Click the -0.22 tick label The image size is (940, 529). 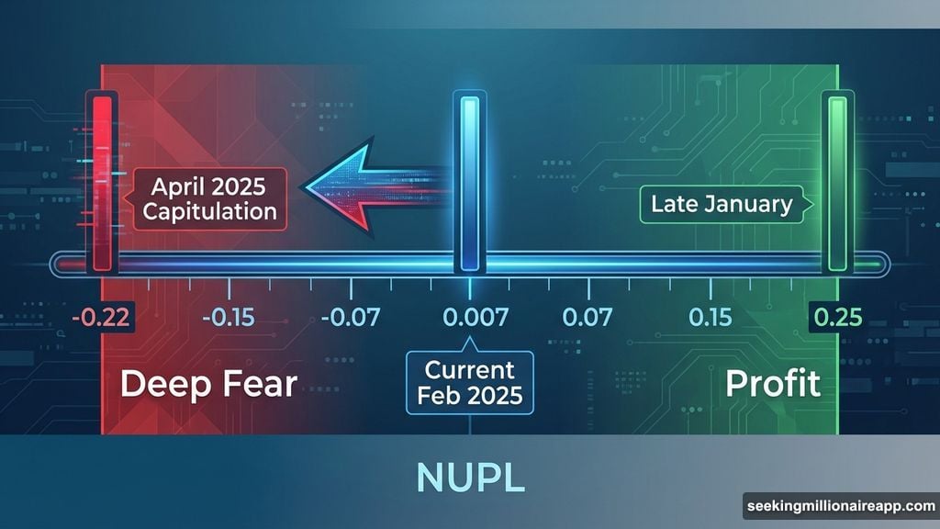tap(103, 319)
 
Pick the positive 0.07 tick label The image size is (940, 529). tap(587, 319)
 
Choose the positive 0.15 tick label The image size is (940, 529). tap(709, 319)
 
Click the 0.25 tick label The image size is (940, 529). tap(836, 319)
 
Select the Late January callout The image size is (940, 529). tap(721, 204)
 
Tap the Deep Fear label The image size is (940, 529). tap(208, 384)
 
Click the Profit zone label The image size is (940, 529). tap(773, 384)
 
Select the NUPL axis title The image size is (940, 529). tap(469, 478)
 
